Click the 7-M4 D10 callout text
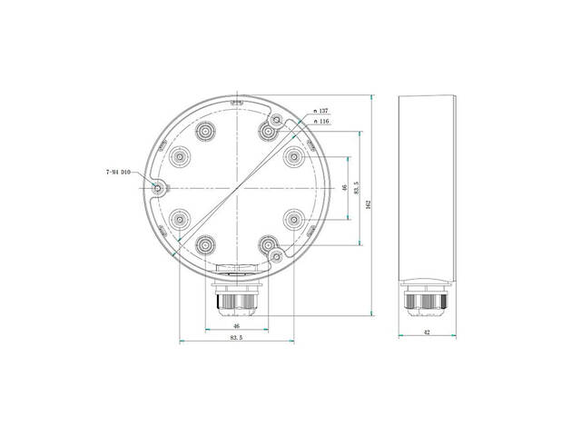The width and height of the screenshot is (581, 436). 119,171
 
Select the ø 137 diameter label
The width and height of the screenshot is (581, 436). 320,111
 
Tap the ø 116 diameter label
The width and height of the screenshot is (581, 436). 320,121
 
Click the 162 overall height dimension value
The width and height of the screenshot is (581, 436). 367,204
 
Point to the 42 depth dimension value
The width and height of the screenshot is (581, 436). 427,333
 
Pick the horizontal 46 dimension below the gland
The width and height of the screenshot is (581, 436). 236,325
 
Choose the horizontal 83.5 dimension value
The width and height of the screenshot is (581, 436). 236,337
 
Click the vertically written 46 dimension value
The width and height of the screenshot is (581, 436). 344,187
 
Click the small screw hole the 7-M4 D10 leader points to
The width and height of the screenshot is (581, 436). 160,188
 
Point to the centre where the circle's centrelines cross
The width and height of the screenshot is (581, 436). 236,188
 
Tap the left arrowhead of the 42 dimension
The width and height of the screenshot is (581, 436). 401,339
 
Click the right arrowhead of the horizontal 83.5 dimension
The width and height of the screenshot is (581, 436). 290,342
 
